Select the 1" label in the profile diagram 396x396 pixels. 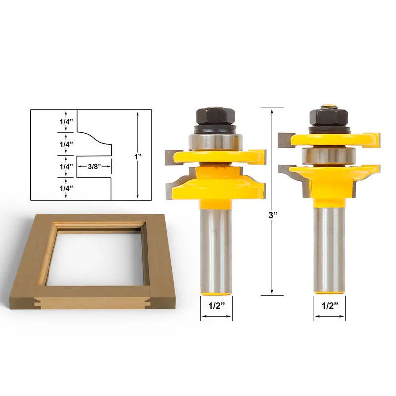pos(138,156)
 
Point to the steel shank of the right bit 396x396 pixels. pos(329,247)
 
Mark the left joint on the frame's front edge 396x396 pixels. pos(42,299)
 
